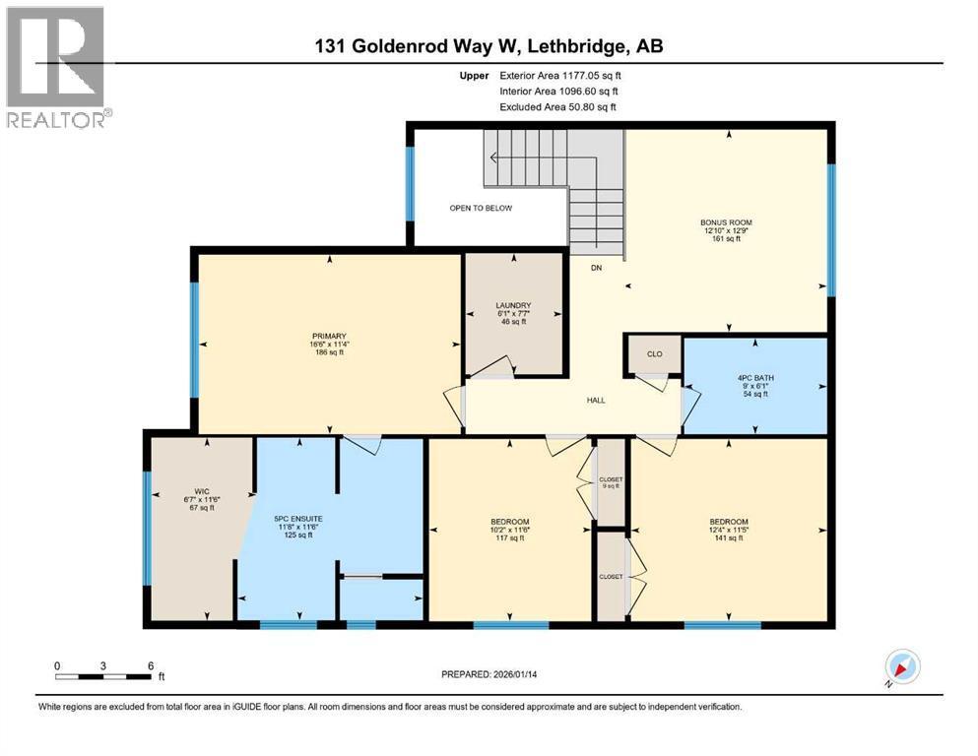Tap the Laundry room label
[x=513, y=305]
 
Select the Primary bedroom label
[x=329, y=336]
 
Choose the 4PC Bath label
[x=754, y=376]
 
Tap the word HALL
[x=595, y=401]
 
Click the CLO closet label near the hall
[x=654, y=354]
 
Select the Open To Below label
[x=481, y=208]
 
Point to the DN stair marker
[x=596, y=268]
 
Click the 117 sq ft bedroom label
[x=510, y=522]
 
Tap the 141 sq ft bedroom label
[x=729, y=522]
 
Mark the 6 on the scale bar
[x=150, y=665]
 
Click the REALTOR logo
[x=57, y=67]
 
